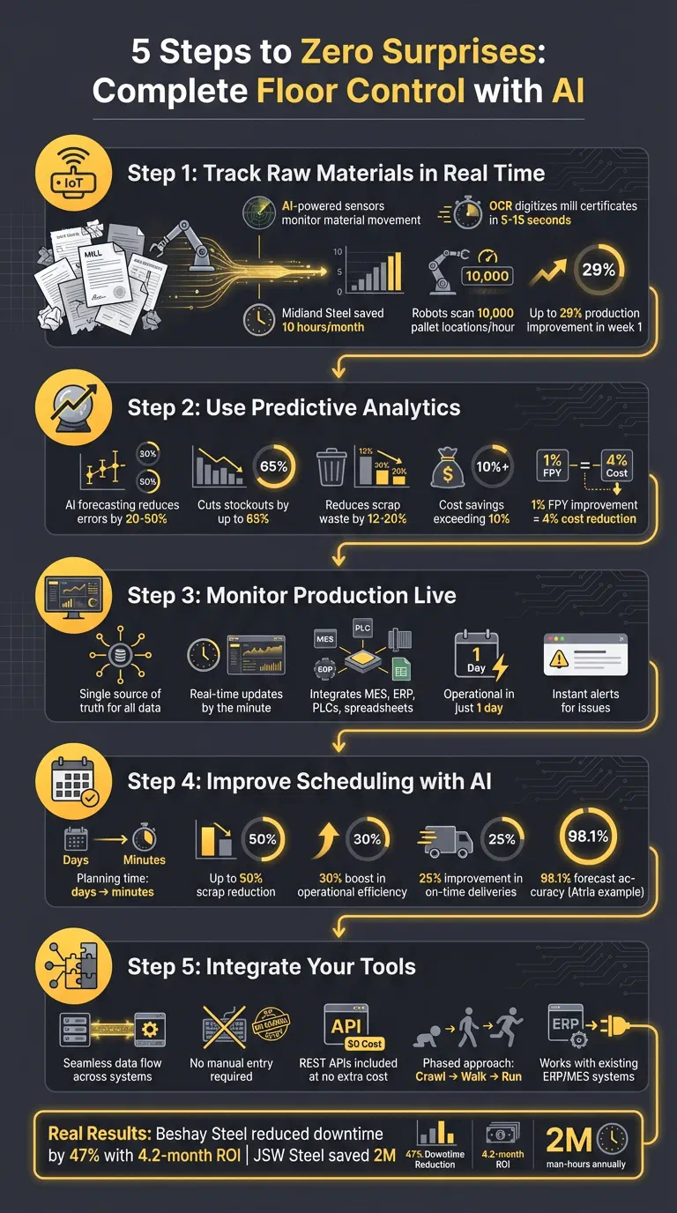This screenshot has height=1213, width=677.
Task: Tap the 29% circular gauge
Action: pos(598,271)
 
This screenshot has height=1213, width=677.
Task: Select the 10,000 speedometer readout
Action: pos(487,275)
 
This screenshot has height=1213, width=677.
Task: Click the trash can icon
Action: pos(333,467)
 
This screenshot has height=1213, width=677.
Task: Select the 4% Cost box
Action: pos(616,465)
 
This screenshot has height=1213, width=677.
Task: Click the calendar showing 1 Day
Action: pos(475,657)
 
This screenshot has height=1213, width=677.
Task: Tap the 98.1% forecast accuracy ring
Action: pos(588,837)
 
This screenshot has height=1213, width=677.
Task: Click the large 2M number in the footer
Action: pos(568,1140)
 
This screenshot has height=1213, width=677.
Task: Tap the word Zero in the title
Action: pos(342,52)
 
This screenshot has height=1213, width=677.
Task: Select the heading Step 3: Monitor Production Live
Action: pos(292,595)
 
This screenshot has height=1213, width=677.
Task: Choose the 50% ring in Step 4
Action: pos(263,839)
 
